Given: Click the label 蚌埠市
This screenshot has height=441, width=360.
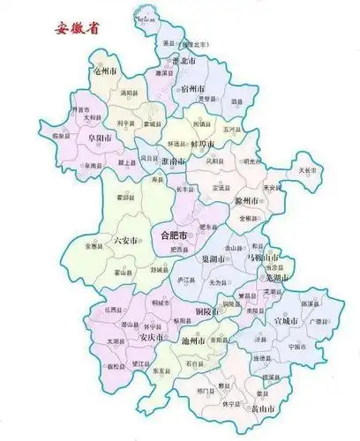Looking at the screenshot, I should point(204,141).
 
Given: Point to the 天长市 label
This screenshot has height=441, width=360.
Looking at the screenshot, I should point(307,168).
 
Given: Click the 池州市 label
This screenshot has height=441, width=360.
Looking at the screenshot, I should point(192,340).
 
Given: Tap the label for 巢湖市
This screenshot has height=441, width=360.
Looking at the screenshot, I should point(218,259).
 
